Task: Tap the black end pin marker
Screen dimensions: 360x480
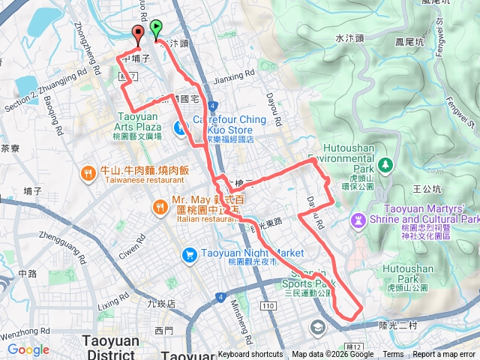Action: click(x=139, y=32)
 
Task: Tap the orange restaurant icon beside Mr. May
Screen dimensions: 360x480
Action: click(x=160, y=206)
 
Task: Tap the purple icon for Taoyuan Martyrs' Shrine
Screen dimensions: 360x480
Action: click(x=357, y=219)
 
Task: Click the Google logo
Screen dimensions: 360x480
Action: click(x=28, y=349)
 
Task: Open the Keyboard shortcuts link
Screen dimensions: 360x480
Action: click(x=250, y=355)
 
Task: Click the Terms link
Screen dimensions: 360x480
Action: click(x=393, y=355)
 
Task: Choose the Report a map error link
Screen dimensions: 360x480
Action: click(x=445, y=355)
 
